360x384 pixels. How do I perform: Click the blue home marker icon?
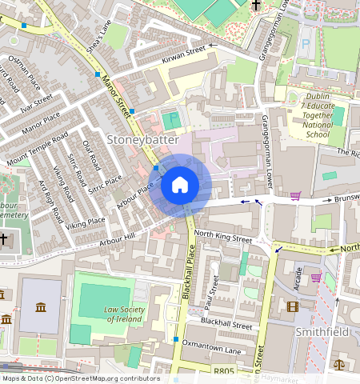coord(180,186)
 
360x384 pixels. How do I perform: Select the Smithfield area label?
coord(325,330)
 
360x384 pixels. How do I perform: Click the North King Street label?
coord(223,238)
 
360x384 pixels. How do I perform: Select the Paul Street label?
coord(214,294)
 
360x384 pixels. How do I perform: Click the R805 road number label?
coord(225,371)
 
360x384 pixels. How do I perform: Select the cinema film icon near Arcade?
coord(293,306)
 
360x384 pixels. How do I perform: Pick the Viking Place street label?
coord(85,222)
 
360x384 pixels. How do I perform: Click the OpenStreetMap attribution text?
coord(80,378)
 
